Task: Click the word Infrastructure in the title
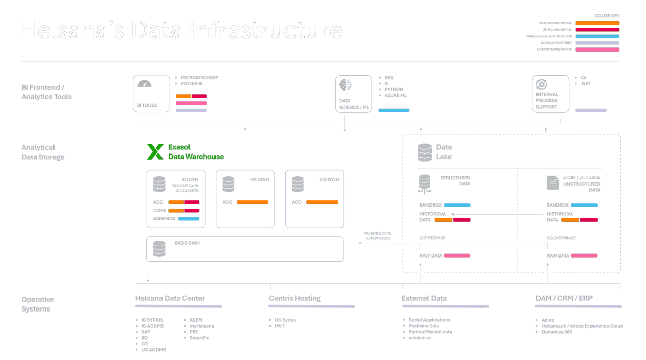pyautogui.click(x=262, y=30)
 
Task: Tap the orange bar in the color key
pyautogui.click(x=597, y=23)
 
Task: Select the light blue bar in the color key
pyautogui.click(x=597, y=36)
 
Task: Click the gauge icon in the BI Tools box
pyautogui.click(x=144, y=84)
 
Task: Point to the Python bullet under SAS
pyautogui.click(x=394, y=89)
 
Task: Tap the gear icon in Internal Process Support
pyautogui.click(x=542, y=84)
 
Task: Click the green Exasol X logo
pyautogui.click(x=155, y=151)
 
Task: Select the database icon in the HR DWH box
pyautogui.click(x=228, y=184)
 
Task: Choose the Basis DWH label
pyautogui.click(x=187, y=243)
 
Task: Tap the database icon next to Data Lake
pyautogui.click(x=425, y=151)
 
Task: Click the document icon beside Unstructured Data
pyautogui.click(x=553, y=182)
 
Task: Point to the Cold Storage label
pyautogui.click(x=561, y=238)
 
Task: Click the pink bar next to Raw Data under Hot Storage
pyautogui.click(x=457, y=255)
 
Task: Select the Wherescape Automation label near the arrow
pyautogui.click(x=377, y=235)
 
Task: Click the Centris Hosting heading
pyautogui.click(x=295, y=298)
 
